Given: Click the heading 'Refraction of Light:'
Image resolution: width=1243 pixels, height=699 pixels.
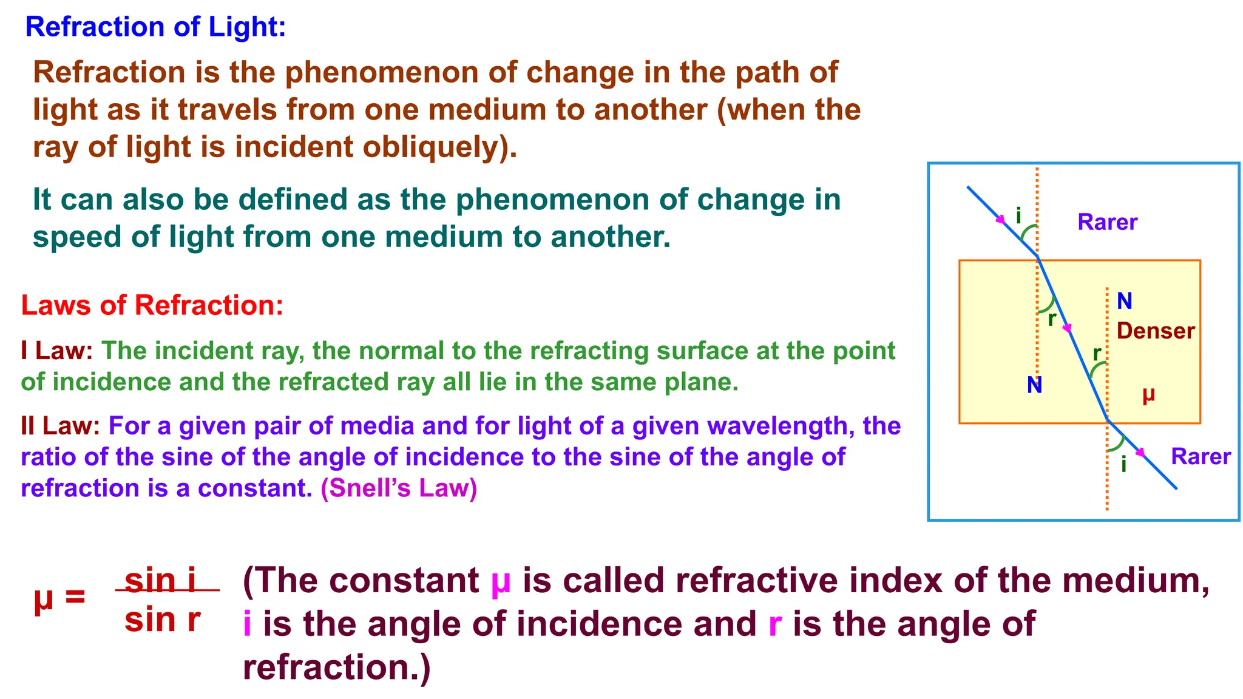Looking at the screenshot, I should [155, 27].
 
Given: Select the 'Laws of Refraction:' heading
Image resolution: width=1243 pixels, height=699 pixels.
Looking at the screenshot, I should [152, 305].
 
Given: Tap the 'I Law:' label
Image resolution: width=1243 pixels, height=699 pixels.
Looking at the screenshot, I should [56, 351].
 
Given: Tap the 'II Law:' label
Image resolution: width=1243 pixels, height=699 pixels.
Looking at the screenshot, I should [60, 426].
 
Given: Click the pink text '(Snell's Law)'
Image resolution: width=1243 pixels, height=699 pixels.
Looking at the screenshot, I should [399, 488].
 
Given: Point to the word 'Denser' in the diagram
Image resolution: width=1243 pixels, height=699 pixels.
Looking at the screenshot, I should [1156, 331].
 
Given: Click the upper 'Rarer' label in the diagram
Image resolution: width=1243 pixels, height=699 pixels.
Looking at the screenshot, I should [1107, 222].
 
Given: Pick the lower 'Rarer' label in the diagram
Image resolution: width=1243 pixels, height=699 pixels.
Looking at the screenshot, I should [1201, 456].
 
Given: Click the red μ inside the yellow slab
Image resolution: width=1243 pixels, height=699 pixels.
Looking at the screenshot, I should [1148, 395].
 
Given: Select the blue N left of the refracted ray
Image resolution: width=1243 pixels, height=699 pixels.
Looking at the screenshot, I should [1035, 385].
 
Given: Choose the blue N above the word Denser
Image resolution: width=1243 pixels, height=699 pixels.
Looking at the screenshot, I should [1125, 301].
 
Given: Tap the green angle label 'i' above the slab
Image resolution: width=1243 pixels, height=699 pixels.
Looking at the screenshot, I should [1018, 215].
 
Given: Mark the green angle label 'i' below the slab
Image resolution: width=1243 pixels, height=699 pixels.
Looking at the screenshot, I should [1124, 465].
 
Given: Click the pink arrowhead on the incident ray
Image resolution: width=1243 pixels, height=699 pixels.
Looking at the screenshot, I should [1001, 221].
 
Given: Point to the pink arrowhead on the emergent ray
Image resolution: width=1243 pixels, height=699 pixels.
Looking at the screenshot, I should [1141, 452].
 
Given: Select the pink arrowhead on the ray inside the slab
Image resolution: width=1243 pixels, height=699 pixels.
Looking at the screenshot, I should [1068, 328].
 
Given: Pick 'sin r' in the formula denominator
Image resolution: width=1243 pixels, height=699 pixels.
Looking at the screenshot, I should [163, 620].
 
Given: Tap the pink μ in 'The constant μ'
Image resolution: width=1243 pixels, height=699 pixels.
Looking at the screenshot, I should [501, 581].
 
